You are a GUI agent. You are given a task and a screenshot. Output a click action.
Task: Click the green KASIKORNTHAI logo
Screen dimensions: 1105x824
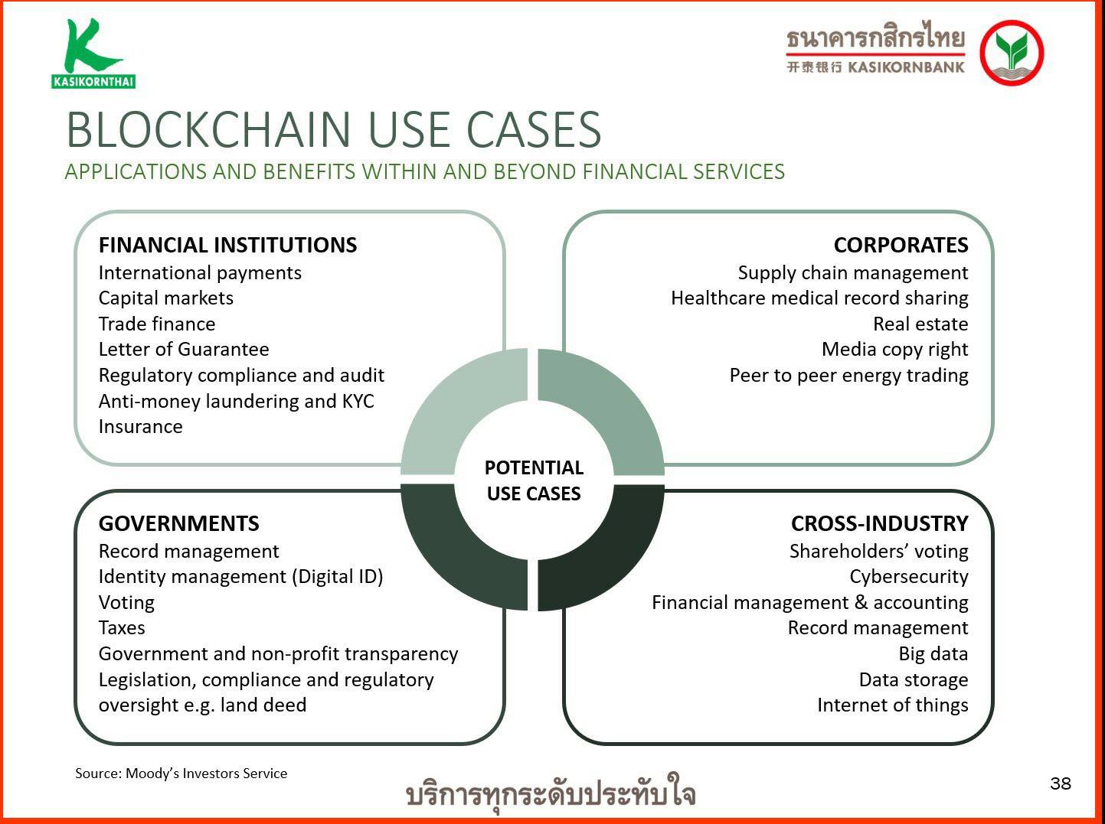(x=93, y=54)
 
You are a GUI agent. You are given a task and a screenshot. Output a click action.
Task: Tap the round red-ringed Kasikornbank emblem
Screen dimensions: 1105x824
(x=1012, y=53)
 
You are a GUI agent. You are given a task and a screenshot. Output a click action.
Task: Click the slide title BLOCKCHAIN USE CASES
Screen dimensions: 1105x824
(x=334, y=130)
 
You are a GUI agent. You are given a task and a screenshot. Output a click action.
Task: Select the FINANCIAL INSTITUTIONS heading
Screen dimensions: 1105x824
(x=227, y=245)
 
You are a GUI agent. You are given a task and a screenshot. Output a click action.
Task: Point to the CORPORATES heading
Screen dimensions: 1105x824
(x=901, y=245)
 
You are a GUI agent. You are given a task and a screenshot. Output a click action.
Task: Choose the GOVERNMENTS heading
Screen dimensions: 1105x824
(x=178, y=523)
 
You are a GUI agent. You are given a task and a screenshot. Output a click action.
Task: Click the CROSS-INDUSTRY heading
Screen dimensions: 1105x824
(x=879, y=523)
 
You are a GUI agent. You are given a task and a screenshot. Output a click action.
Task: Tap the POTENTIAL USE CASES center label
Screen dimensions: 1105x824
(x=534, y=480)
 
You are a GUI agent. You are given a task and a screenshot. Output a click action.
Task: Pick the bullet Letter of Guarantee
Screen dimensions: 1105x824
(x=184, y=350)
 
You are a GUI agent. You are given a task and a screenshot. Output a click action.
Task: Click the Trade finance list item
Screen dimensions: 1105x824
(x=157, y=324)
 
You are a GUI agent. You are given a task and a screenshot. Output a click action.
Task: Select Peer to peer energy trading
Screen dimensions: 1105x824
(x=848, y=376)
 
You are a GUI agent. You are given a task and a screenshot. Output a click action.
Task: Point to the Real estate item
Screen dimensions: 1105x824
(x=920, y=324)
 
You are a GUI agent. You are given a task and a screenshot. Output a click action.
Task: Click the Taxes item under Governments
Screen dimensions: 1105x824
(x=122, y=628)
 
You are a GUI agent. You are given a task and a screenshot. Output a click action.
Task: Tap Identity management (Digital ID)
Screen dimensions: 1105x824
(x=240, y=577)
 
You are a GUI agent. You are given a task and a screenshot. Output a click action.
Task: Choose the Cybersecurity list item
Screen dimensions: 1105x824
(x=909, y=577)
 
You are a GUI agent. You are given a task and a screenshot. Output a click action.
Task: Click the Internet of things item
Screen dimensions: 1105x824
(x=893, y=705)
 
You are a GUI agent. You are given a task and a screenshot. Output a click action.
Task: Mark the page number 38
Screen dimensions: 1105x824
(x=1061, y=783)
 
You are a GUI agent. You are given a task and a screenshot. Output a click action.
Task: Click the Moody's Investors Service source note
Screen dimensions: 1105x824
(x=181, y=774)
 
